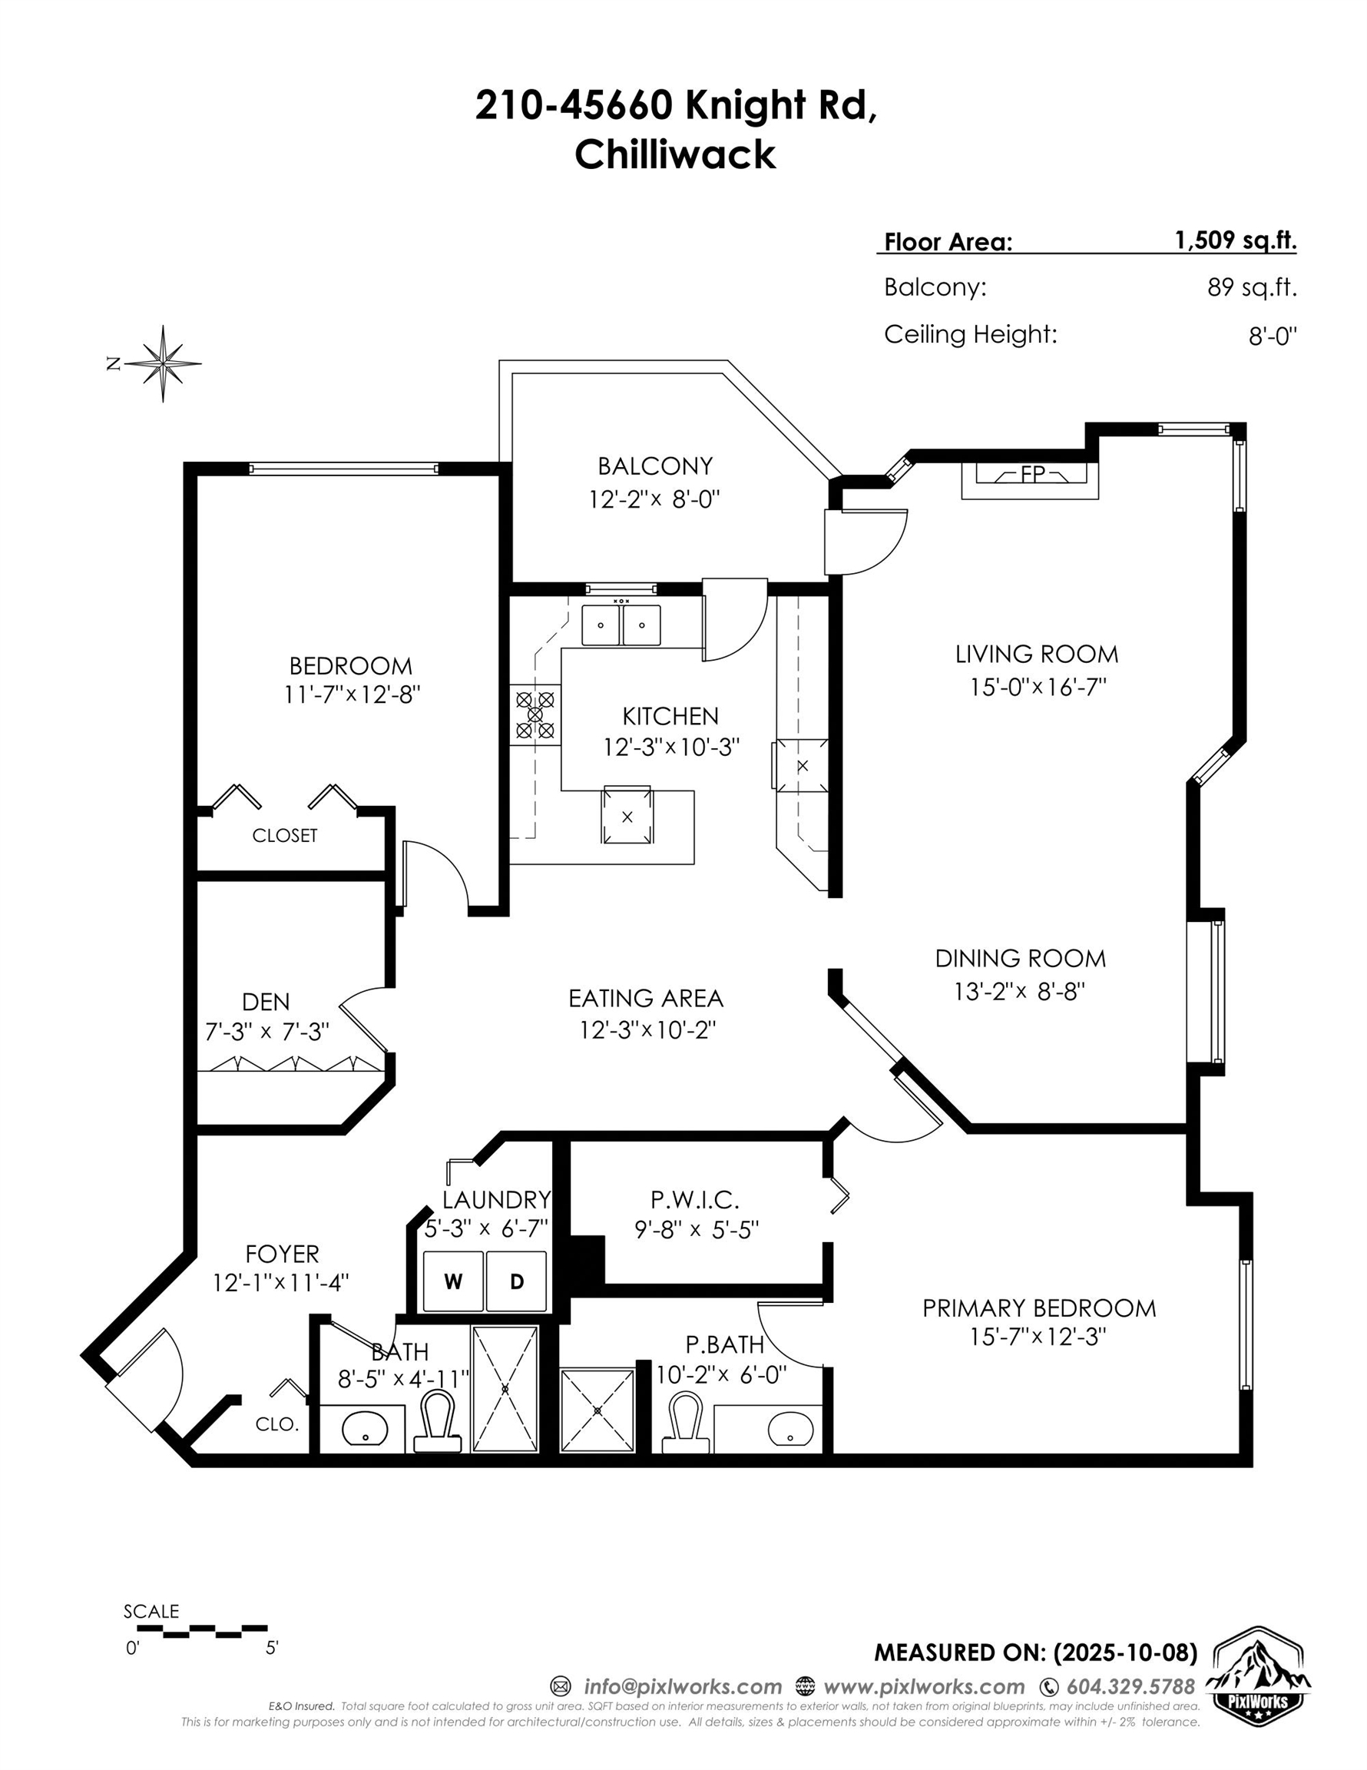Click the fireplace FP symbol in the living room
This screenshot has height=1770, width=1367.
coord(1030,475)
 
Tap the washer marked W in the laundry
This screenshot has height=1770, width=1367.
coord(453,1281)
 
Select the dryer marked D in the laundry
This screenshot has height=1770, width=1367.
coord(516,1281)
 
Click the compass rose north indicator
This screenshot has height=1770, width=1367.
coord(163,363)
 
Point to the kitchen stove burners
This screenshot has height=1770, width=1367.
coord(535,714)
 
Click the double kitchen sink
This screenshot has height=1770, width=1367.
coord(621,625)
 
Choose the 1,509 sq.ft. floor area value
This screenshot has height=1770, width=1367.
coord(1235,240)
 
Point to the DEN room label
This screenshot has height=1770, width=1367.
coord(266,1002)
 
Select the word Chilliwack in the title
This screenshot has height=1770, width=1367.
coord(675,154)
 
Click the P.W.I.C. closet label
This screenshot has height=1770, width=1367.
coord(694,1198)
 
